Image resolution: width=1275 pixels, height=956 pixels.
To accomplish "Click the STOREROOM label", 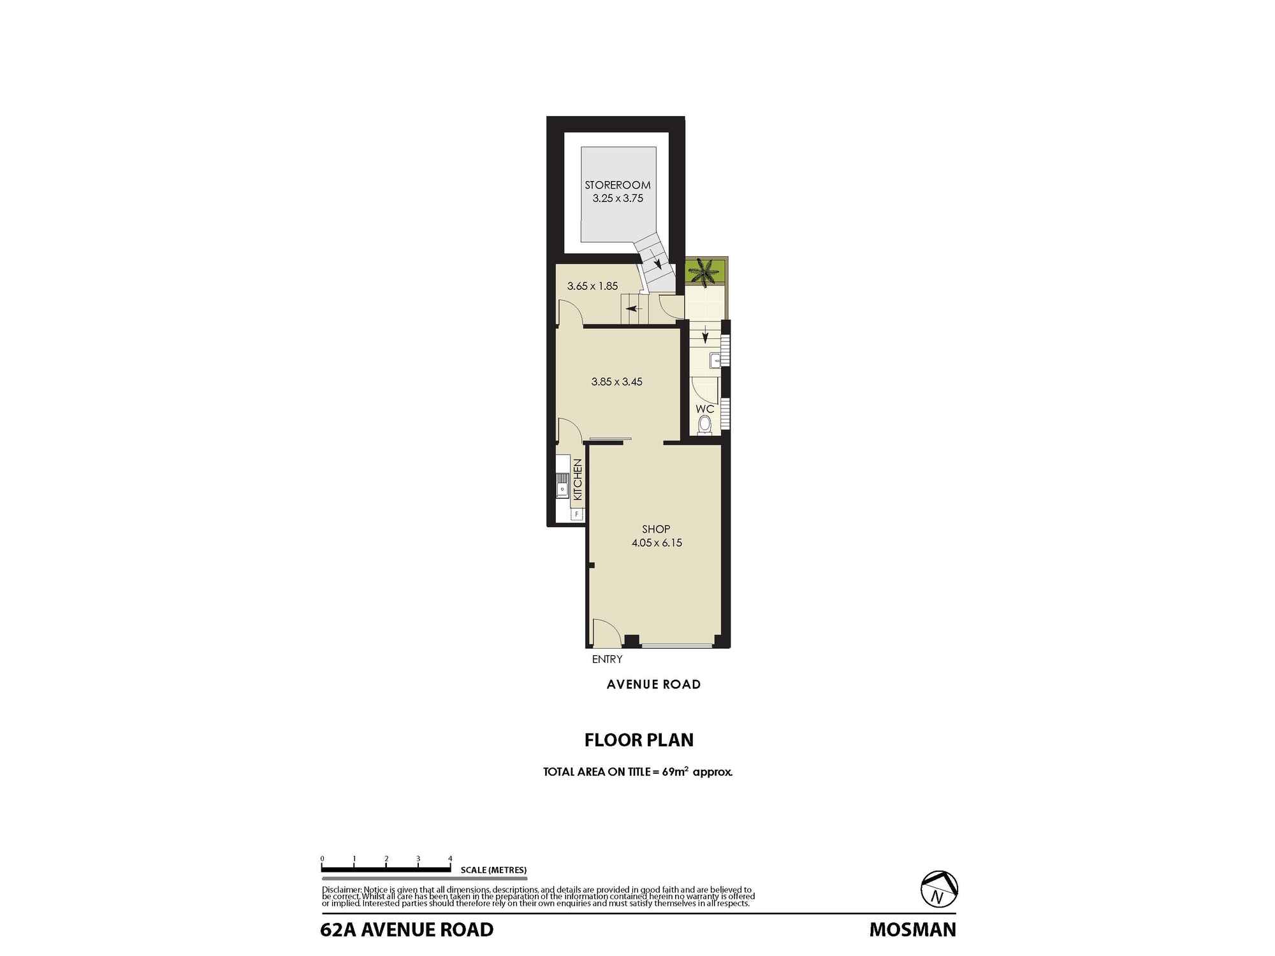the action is click(x=618, y=185).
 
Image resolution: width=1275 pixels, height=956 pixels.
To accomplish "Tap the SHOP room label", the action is click(x=656, y=529).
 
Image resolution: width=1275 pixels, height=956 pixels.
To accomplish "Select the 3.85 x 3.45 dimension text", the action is click(x=616, y=382).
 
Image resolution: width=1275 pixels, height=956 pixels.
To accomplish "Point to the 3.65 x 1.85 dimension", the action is click(x=592, y=286).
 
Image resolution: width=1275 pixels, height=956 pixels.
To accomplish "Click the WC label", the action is click(x=704, y=409).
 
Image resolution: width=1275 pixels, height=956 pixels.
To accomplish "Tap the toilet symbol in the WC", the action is click(x=704, y=424).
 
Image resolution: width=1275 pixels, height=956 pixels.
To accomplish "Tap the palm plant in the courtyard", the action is click(x=705, y=272).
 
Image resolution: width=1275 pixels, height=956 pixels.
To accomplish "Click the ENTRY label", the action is click(x=607, y=660).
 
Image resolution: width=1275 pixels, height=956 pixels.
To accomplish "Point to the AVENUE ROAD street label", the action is click(x=653, y=684).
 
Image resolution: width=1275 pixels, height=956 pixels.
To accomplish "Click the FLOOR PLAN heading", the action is click(x=639, y=740).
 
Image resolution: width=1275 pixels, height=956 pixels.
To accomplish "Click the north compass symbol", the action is click(x=940, y=889).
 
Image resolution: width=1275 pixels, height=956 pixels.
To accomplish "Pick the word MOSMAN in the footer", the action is click(x=913, y=930).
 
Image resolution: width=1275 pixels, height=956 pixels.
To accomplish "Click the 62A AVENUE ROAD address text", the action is click(x=407, y=930).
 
